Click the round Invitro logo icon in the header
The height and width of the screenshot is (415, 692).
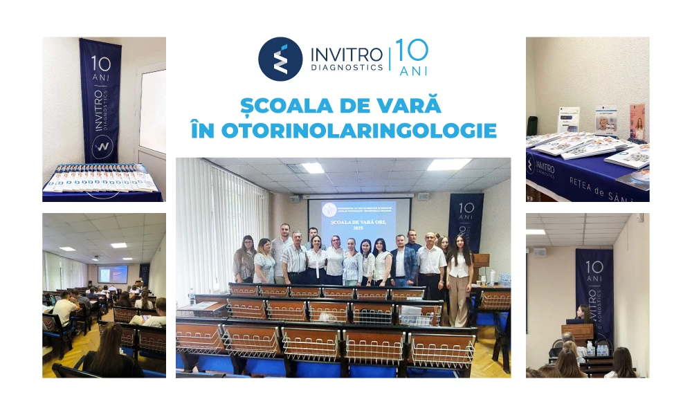coord(280,59)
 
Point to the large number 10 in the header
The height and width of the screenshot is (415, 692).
coord(412,50)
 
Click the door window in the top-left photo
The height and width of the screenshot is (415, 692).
coord(153,111)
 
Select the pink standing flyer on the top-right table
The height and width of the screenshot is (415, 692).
coord(637,121)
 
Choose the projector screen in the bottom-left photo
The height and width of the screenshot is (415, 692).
coord(113,274)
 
